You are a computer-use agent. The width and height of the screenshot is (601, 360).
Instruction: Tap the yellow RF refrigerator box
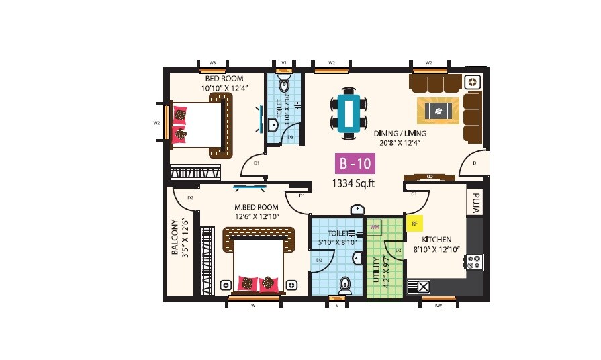click(x=414, y=224)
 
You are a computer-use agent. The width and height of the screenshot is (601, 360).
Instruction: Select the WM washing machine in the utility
click(x=375, y=228)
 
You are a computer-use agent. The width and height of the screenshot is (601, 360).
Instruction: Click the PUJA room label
click(x=475, y=203)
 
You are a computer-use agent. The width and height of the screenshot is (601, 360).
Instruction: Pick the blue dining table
click(x=349, y=112)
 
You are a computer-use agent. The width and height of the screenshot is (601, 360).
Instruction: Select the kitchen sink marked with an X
click(x=424, y=287)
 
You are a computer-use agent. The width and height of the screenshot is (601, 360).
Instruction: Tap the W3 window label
click(x=213, y=62)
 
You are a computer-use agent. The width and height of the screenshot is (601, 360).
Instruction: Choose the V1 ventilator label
click(x=284, y=62)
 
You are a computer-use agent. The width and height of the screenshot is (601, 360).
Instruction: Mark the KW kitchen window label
click(x=438, y=305)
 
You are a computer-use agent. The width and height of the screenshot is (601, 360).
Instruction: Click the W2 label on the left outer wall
click(x=156, y=123)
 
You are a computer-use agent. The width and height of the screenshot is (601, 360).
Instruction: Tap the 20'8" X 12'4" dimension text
click(x=400, y=143)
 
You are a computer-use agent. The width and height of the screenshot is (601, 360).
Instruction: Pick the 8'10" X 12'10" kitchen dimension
click(x=436, y=250)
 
